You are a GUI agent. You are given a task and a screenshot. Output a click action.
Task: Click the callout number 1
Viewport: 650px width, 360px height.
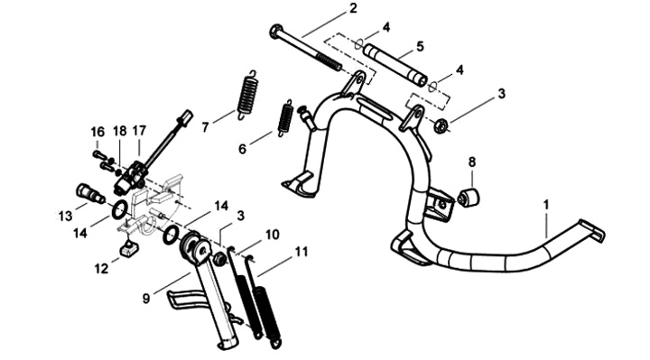click(x=546, y=205)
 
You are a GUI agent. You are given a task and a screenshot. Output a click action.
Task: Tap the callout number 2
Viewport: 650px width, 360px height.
click(x=352, y=8)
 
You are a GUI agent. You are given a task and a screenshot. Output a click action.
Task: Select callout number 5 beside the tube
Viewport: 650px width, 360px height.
click(x=420, y=46)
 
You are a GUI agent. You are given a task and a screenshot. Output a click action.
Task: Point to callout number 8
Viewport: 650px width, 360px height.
click(x=472, y=162)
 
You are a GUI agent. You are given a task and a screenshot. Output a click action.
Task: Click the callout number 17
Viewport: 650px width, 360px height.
click(x=139, y=131)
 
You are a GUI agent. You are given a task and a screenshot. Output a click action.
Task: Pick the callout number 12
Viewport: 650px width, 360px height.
click(x=101, y=269)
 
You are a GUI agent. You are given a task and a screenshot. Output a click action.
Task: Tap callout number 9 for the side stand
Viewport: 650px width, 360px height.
click(x=146, y=299)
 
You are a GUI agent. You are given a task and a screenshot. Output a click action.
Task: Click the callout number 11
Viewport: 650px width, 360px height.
click(x=302, y=252)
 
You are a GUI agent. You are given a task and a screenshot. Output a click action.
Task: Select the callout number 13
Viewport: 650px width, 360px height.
click(x=66, y=216)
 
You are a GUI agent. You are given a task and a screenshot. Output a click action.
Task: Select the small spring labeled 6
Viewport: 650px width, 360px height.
click(x=285, y=117)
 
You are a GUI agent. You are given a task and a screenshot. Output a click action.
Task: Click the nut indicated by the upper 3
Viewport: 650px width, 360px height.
click(x=441, y=125)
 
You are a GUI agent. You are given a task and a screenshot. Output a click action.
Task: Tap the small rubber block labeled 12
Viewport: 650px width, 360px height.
click(x=128, y=248)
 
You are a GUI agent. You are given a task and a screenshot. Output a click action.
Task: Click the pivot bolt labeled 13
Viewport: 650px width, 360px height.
click(x=90, y=194)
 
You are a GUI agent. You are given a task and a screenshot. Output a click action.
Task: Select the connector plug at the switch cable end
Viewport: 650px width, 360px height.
click(x=186, y=116)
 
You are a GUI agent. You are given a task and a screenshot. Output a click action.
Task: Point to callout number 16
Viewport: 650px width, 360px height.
click(x=97, y=132)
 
